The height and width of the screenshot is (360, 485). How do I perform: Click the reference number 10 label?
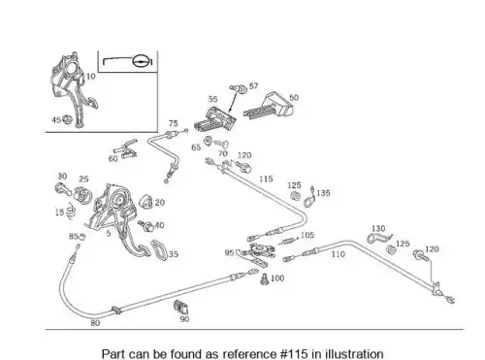pos(91,77)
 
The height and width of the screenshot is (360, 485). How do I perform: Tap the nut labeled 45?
pos(67,119)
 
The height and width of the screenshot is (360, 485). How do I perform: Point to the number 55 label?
pos(212,99)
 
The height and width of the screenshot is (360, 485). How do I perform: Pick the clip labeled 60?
pos(126,148)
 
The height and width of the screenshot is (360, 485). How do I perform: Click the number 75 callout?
pos(173,123)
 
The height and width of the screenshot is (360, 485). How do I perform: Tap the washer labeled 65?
pos(208,141)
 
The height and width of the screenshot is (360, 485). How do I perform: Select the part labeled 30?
pos(63,189)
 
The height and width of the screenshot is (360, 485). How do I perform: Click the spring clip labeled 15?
pos(71,211)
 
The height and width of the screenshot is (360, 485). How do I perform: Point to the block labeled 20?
pos(146,202)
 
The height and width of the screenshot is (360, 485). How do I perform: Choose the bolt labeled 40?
pos(145,226)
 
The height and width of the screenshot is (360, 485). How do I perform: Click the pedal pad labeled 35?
pos(159,249)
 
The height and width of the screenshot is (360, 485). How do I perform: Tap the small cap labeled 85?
pos(81,237)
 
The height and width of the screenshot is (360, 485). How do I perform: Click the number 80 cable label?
pos(95,323)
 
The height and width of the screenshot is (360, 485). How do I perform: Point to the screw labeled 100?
pos(265,279)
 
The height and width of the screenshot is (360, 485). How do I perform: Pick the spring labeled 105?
pos(289,241)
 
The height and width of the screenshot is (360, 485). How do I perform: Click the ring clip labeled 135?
pos(309,197)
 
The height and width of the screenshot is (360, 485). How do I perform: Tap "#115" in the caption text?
pos(294,353)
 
